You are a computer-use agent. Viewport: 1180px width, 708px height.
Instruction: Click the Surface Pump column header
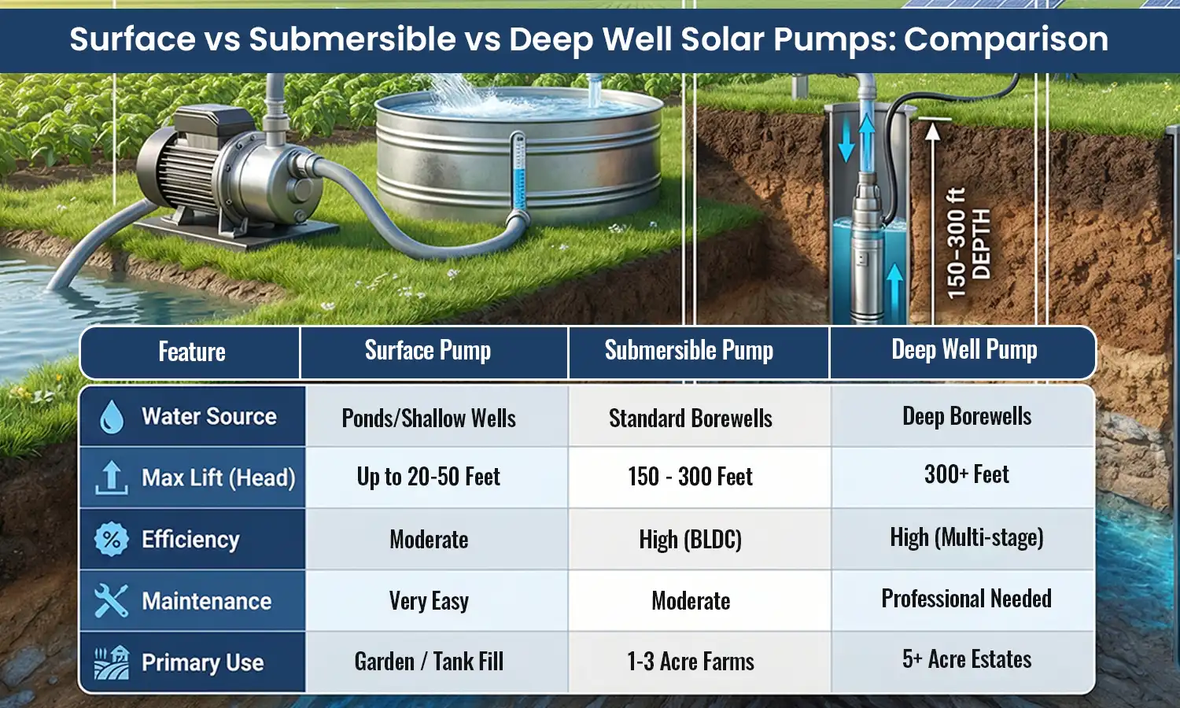coord(428,351)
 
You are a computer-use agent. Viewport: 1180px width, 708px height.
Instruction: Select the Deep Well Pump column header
coord(964,350)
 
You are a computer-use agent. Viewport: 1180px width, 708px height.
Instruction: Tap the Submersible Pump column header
coord(689,351)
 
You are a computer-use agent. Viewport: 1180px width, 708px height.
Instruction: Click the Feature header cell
coord(192,352)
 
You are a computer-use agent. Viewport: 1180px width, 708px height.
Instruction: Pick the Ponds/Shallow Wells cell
coord(429,418)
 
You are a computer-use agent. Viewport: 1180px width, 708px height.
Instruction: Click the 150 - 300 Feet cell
coord(691,477)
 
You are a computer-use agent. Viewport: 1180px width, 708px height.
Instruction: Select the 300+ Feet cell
coord(966,474)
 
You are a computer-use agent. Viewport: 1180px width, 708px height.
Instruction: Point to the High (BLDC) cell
coord(691,539)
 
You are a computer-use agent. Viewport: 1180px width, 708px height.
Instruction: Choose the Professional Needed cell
coord(966,599)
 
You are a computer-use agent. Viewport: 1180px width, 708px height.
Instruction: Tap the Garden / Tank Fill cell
coord(429,662)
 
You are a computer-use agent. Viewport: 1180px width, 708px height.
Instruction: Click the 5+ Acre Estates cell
coord(967,659)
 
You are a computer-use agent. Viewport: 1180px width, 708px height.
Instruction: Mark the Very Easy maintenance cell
coord(429,601)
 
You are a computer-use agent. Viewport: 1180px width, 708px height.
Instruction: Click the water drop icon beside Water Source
coord(112,417)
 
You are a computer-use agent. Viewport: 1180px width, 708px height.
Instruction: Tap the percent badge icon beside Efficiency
coord(111,540)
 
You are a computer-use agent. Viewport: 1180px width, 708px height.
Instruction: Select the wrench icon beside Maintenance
coord(111,601)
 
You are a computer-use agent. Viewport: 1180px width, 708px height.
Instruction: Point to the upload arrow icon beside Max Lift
coord(111,478)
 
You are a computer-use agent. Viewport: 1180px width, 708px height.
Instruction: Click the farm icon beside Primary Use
coord(111,662)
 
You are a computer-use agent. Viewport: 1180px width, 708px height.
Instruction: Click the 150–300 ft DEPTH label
coord(968,244)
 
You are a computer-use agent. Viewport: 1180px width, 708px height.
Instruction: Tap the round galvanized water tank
coord(519,157)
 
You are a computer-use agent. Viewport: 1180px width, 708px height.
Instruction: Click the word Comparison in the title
coord(1006,39)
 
